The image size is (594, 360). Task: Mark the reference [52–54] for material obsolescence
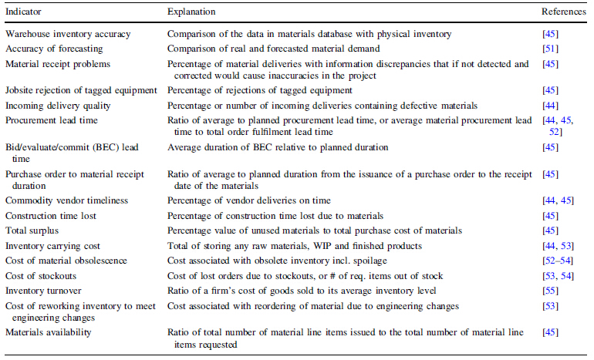click(559, 261)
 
